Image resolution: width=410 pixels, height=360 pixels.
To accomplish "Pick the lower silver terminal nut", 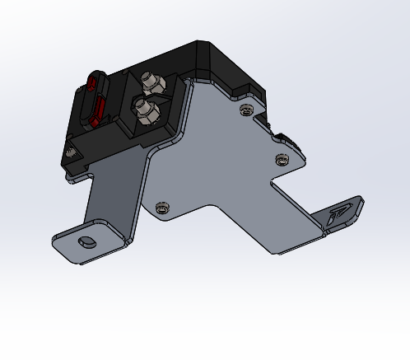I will click(144, 108).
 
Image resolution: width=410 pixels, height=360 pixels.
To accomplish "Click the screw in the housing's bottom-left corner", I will click(72, 152).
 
